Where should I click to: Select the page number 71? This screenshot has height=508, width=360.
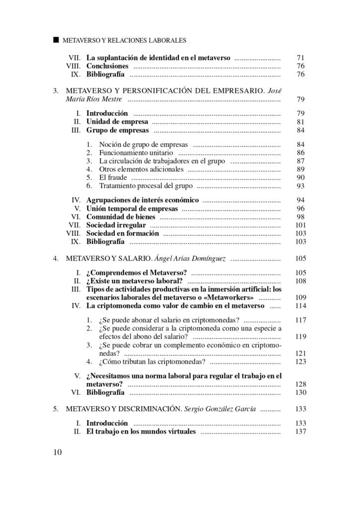coord(300,58)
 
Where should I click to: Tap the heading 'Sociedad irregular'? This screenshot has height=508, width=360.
coord(116,225)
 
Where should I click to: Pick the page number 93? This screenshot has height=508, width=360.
coord(300,186)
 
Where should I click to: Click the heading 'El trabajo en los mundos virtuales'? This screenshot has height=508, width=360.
coord(141,432)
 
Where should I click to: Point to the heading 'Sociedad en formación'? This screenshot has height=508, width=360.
coord(123,233)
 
